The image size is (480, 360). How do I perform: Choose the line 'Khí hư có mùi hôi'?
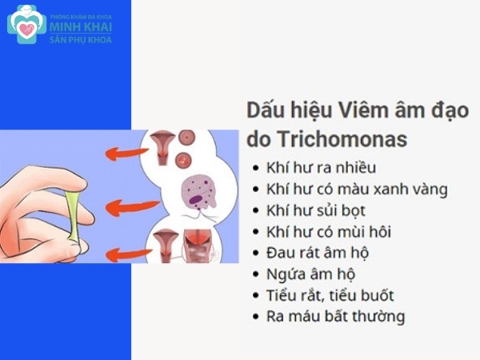329,233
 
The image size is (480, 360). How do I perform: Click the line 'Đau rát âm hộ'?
318,254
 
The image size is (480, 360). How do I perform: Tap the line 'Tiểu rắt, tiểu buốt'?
330,295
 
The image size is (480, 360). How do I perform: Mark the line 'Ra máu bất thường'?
335,316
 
